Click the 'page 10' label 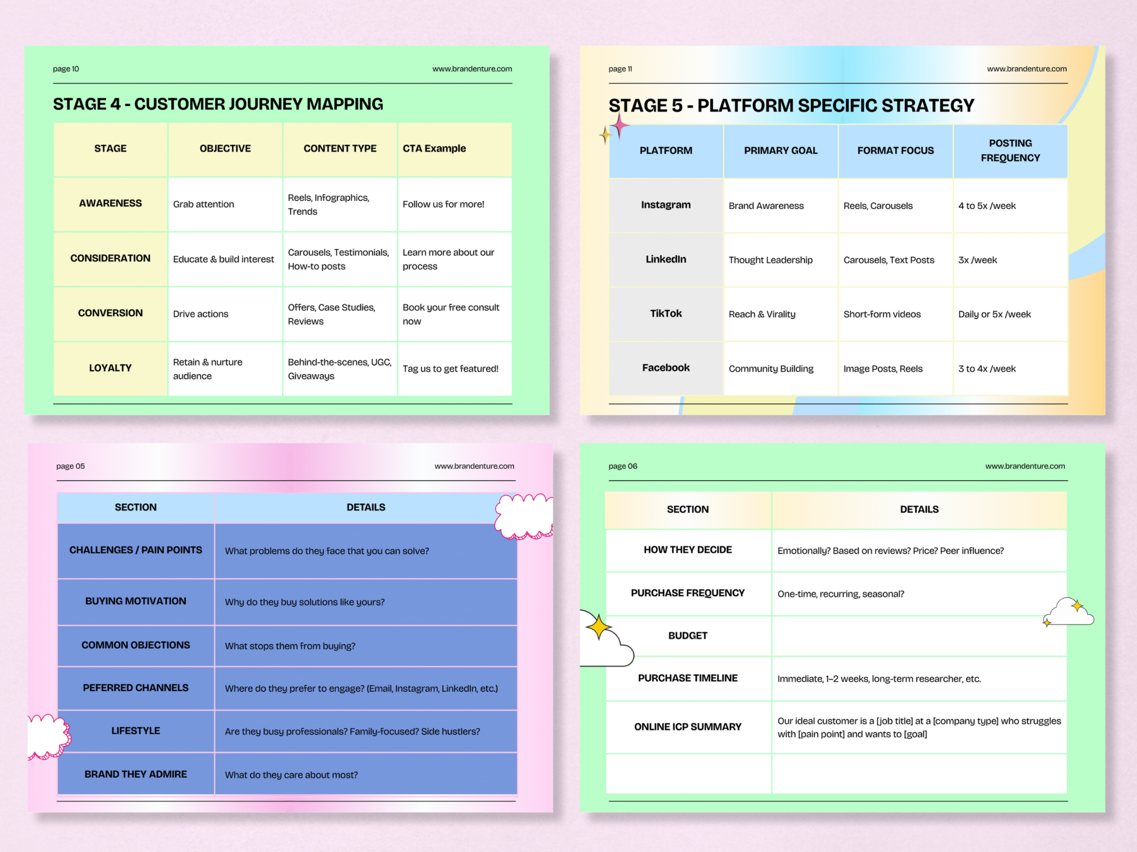point(66,69)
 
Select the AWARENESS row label point(110,203)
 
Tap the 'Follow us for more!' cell point(443,205)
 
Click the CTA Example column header point(434,148)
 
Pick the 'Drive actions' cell point(200,314)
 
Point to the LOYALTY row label point(110,368)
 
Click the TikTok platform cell point(666,313)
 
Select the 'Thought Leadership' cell point(771,260)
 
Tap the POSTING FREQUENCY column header point(1010,150)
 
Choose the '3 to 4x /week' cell point(987,369)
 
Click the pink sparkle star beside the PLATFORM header point(620,125)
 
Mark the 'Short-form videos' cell point(882,314)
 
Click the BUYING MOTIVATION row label point(136,601)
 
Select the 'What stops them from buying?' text point(290,646)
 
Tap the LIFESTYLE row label point(136,730)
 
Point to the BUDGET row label point(688,636)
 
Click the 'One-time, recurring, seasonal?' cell point(841,594)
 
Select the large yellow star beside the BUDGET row point(599,627)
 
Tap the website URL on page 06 point(1025,466)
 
